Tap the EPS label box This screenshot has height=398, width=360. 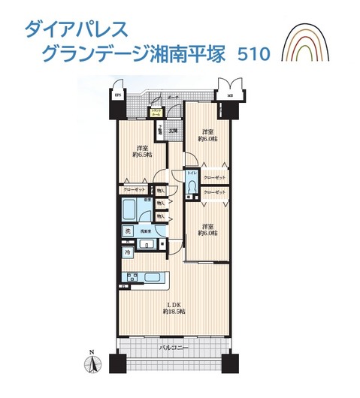coord(117,95)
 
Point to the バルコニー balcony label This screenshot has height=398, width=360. coord(173,349)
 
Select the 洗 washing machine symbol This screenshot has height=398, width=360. coord(128,231)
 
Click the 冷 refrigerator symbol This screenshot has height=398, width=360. coord(127,253)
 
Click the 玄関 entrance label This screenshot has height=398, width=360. coord(172,131)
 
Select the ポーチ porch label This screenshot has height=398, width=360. coord(172,98)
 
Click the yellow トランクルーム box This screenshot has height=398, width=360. coord(157,113)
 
